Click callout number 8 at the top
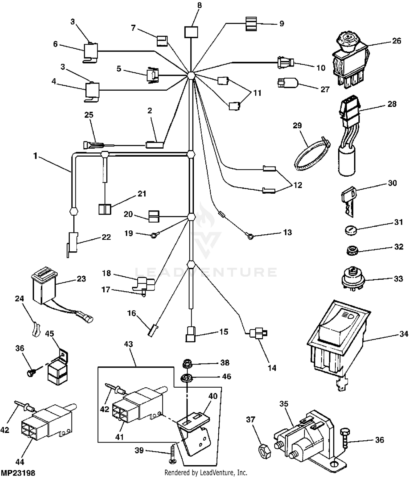199,5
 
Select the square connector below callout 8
191,32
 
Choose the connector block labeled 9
251,24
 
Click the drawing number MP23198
18,473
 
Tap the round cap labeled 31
350,230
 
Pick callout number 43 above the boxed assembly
128,344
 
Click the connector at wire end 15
191,334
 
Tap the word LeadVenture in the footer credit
217,473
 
